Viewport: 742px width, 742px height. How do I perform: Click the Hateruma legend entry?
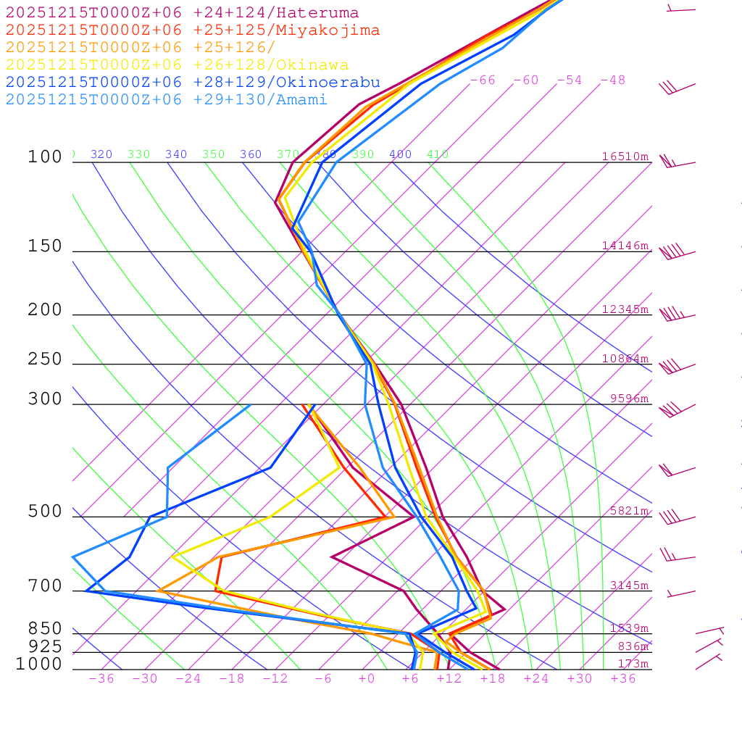point(182,13)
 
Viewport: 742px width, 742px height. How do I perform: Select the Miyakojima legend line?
point(193,30)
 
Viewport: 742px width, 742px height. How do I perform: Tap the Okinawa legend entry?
point(177,65)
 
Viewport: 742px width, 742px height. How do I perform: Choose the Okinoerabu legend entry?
point(193,83)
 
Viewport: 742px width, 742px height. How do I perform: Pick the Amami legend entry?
point(167,100)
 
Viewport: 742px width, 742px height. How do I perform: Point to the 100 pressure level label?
point(45,157)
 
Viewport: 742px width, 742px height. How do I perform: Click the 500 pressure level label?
point(45,512)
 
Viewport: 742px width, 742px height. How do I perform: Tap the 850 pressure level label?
point(45,629)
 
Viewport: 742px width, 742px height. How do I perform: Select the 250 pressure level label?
point(45,359)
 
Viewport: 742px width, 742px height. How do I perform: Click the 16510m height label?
point(625,157)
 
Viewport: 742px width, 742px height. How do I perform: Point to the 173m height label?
point(633,664)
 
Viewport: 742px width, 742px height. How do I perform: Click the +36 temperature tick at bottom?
point(622,678)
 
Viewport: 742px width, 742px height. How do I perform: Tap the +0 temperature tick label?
point(367,678)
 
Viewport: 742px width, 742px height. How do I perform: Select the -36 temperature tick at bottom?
point(101,678)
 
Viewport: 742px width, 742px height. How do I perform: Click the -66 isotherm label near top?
point(482,80)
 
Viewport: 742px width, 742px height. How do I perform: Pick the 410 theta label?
point(437,154)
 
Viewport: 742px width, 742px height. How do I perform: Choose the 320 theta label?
point(101,154)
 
